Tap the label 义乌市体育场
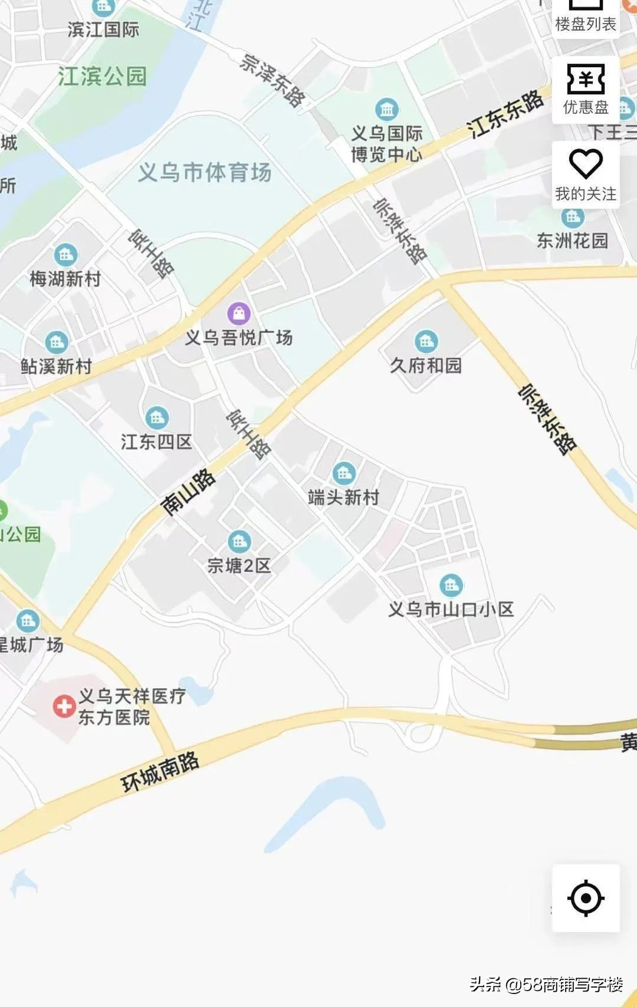[x=205, y=172]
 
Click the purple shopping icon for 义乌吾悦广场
[x=239, y=313]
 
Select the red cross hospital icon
[x=64, y=706]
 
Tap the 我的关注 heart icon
[x=585, y=163]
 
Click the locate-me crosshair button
[x=585, y=898]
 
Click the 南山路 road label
[x=188, y=492]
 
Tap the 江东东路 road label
[x=505, y=113]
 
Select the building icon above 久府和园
[x=426, y=341]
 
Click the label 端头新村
[x=344, y=497]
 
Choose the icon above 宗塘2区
[x=239, y=541]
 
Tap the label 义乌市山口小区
[x=451, y=609]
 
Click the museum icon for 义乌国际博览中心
[x=387, y=109]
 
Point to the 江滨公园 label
[x=102, y=76]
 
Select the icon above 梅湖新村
[x=65, y=255]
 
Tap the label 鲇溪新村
[x=57, y=366]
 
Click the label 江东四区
[x=156, y=442]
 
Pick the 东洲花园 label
[x=572, y=241]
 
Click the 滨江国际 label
[x=103, y=29]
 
